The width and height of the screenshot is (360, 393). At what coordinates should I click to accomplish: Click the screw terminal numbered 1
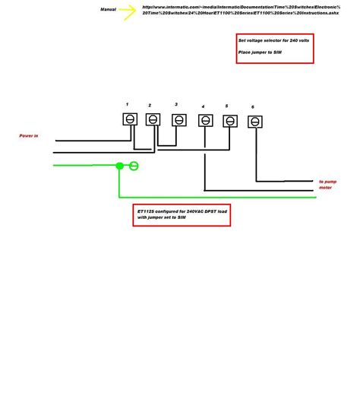pyautogui.click(x=130, y=119)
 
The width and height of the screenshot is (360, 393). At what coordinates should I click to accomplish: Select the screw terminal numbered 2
pyautogui.click(x=153, y=119)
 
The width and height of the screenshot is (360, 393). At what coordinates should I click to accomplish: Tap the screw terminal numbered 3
pyautogui.click(x=178, y=119)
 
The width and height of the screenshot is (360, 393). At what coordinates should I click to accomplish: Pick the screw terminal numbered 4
pyautogui.click(x=205, y=120)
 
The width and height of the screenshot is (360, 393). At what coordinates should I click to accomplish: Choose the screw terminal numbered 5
pyautogui.click(x=229, y=121)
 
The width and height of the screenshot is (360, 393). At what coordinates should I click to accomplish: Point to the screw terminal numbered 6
pyautogui.click(x=255, y=122)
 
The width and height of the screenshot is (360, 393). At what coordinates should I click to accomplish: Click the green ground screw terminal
pyautogui.click(x=134, y=166)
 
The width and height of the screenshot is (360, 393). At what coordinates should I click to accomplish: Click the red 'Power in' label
pyautogui.click(x=29, y=136)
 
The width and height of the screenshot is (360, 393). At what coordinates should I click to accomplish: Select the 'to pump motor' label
pyautogui.click(x=327, y=185)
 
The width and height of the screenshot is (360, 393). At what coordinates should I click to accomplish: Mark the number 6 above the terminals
pyautogui.click(x=253, y=107)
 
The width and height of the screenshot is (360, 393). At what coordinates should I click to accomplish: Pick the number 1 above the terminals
pyautogui.click(x=127, y=103)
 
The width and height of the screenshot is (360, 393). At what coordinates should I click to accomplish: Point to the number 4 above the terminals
pyautogui.click(x=203, y=106)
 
